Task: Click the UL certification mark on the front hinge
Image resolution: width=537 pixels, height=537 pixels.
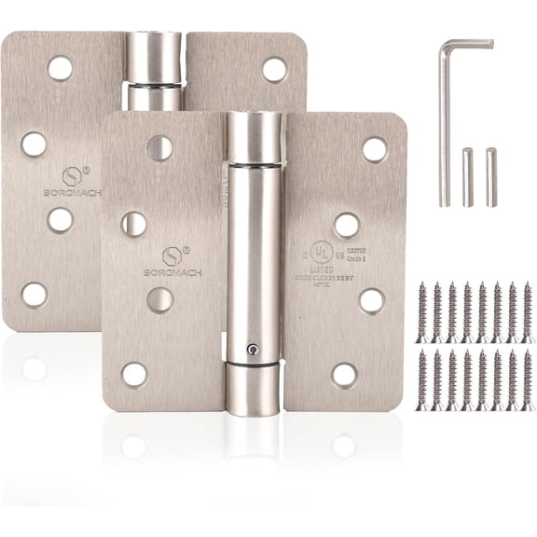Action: pyautogui.click(x=321, y=252)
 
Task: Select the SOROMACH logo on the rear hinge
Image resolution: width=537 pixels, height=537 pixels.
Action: pyautogui.click(x=72, y=192)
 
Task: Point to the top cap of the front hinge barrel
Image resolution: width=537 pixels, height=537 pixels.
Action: pyautogui.click(x=254, y=136)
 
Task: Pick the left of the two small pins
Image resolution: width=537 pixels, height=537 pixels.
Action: pyautogui.click(x=468, y=177)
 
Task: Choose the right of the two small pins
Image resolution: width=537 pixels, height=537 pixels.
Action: pyautogui.click(x=491, y=177)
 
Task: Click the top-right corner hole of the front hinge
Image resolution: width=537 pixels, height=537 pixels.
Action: pyautogui.click(x=374, y=149)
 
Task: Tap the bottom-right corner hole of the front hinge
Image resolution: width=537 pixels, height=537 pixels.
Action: pyautogui.click(x=344, y=375)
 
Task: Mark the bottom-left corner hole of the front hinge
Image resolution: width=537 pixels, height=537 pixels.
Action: pyautogui.click(x=134, y=374)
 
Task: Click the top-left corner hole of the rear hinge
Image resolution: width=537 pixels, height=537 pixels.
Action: pyautogui.click(x=60, y=68)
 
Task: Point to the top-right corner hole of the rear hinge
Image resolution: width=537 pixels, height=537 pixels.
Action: pyautogui.click(x=274, y=69)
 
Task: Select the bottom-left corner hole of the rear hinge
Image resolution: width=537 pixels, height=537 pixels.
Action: pyautogui.click(x=34, y=295)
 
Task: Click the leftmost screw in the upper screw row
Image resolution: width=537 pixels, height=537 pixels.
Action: pyautogui.click(x=422, y=312)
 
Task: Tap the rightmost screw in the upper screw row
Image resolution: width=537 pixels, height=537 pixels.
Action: pyautogui.click(x=528, y=312)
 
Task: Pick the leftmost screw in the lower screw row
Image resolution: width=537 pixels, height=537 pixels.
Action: pyautogui.click(x=422, y=380)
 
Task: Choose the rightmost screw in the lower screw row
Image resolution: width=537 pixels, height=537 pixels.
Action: pyautogui.click(x=528, y=380)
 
